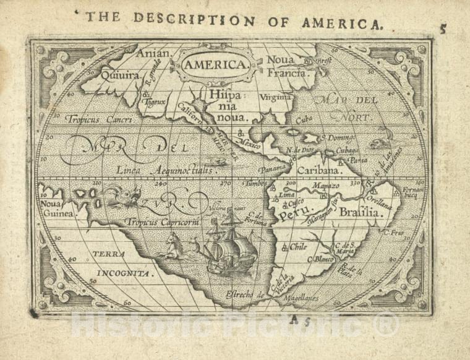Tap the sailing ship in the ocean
pyautogui.click(x=231, y=244)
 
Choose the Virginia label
pyautogui.click(x=275, y=97)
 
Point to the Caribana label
pyautogui.click(x=319, y=169)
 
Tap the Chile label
pyautogui.click(x=299, y=246)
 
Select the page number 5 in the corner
pyautogui.click(x=443, y=28)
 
